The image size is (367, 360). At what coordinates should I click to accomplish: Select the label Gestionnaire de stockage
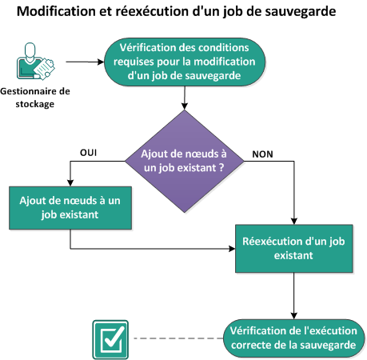tap(36, 97)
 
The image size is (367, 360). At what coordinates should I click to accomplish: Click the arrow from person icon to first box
tap(84, 61)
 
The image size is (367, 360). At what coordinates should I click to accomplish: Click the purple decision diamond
tap(184, 161)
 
